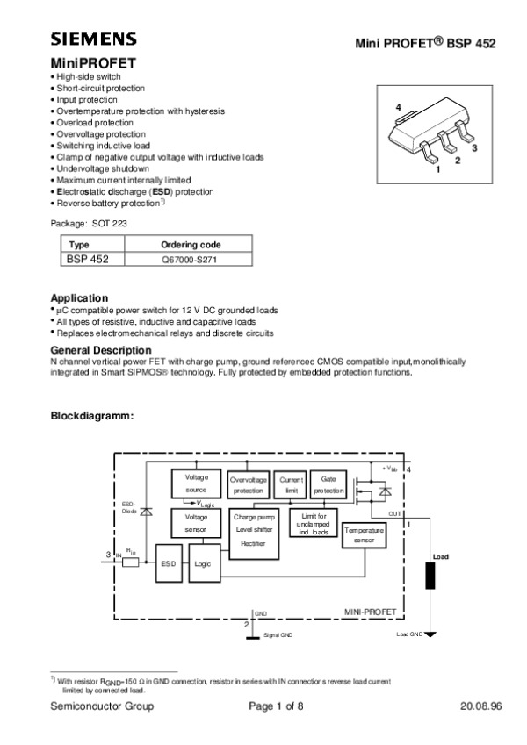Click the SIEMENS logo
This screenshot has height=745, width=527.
93,39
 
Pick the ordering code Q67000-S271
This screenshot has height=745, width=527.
191,260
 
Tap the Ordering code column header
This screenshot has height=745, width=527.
191,244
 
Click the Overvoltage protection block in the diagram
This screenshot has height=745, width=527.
249,485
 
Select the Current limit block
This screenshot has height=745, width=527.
291,485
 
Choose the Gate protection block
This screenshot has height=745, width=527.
328,485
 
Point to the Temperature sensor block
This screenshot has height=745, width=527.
364,536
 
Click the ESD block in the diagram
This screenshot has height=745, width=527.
169,564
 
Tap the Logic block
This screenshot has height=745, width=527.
203,564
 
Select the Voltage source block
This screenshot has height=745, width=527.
196,483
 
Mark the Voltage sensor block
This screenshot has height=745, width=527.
196,524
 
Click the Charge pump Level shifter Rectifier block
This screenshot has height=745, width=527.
256,531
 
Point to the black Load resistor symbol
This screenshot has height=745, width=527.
431,577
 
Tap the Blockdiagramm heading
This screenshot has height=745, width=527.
92,415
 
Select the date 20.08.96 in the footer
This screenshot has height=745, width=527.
480,707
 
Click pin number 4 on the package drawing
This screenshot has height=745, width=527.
399,107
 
